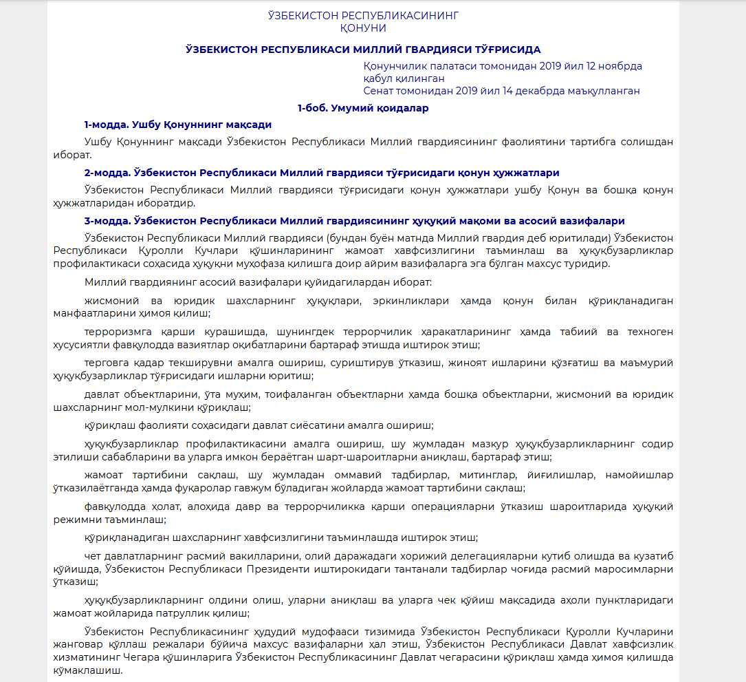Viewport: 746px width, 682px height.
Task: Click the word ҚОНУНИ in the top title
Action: coord(363,28)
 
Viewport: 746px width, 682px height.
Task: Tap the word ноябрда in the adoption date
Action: coord(619,66)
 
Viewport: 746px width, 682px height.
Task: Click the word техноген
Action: coord(650,331)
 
